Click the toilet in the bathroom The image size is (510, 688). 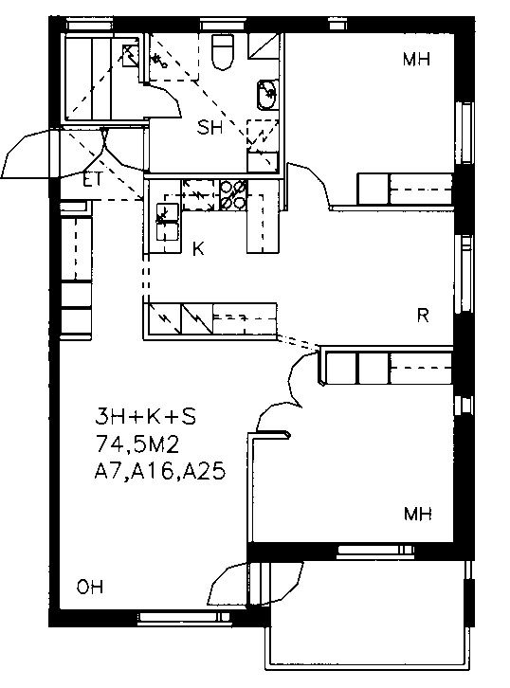pyautogui.click(x=222, y=51)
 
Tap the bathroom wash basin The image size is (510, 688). pyautogui.click(x=266, y=95)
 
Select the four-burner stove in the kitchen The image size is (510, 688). pyautogui.click(x=233, y=195)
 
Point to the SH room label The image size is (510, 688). pyautogui.click(x=209, y=128)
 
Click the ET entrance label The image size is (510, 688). pyautogui.click(x=93, y=179)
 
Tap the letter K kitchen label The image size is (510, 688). pyautogui.click(x=198, y=249)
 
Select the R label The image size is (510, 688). pyautogui.click(x=423, y=316)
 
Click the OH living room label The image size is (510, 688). pyautogui.click(x=90, y=587)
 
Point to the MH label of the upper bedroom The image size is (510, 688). pyautogui.click(x=416, y=59)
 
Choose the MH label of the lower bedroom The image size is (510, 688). pyautogui.click(x=418, y=514)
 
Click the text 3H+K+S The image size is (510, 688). pyautogui.click(x=146, y=416)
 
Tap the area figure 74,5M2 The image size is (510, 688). pyautogui.click(x=137, y=444)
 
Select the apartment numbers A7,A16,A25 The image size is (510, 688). pyautogui.click(x=160, y=472)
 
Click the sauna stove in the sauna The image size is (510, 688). pyautogui.click(x=130, y=56)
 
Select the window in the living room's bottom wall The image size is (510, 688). pyautogui.click(x=185, y=617)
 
